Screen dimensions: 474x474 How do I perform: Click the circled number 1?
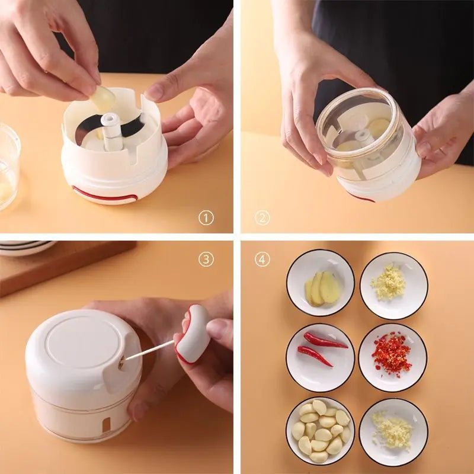point(206,217)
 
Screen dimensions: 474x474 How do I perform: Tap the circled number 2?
point(262,217)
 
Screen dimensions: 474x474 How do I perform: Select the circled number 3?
point(206,259)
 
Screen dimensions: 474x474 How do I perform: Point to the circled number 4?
point(262,259)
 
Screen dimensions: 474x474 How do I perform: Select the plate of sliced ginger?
point(320,283)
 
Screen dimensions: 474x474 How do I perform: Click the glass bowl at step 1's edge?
point(8,166)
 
